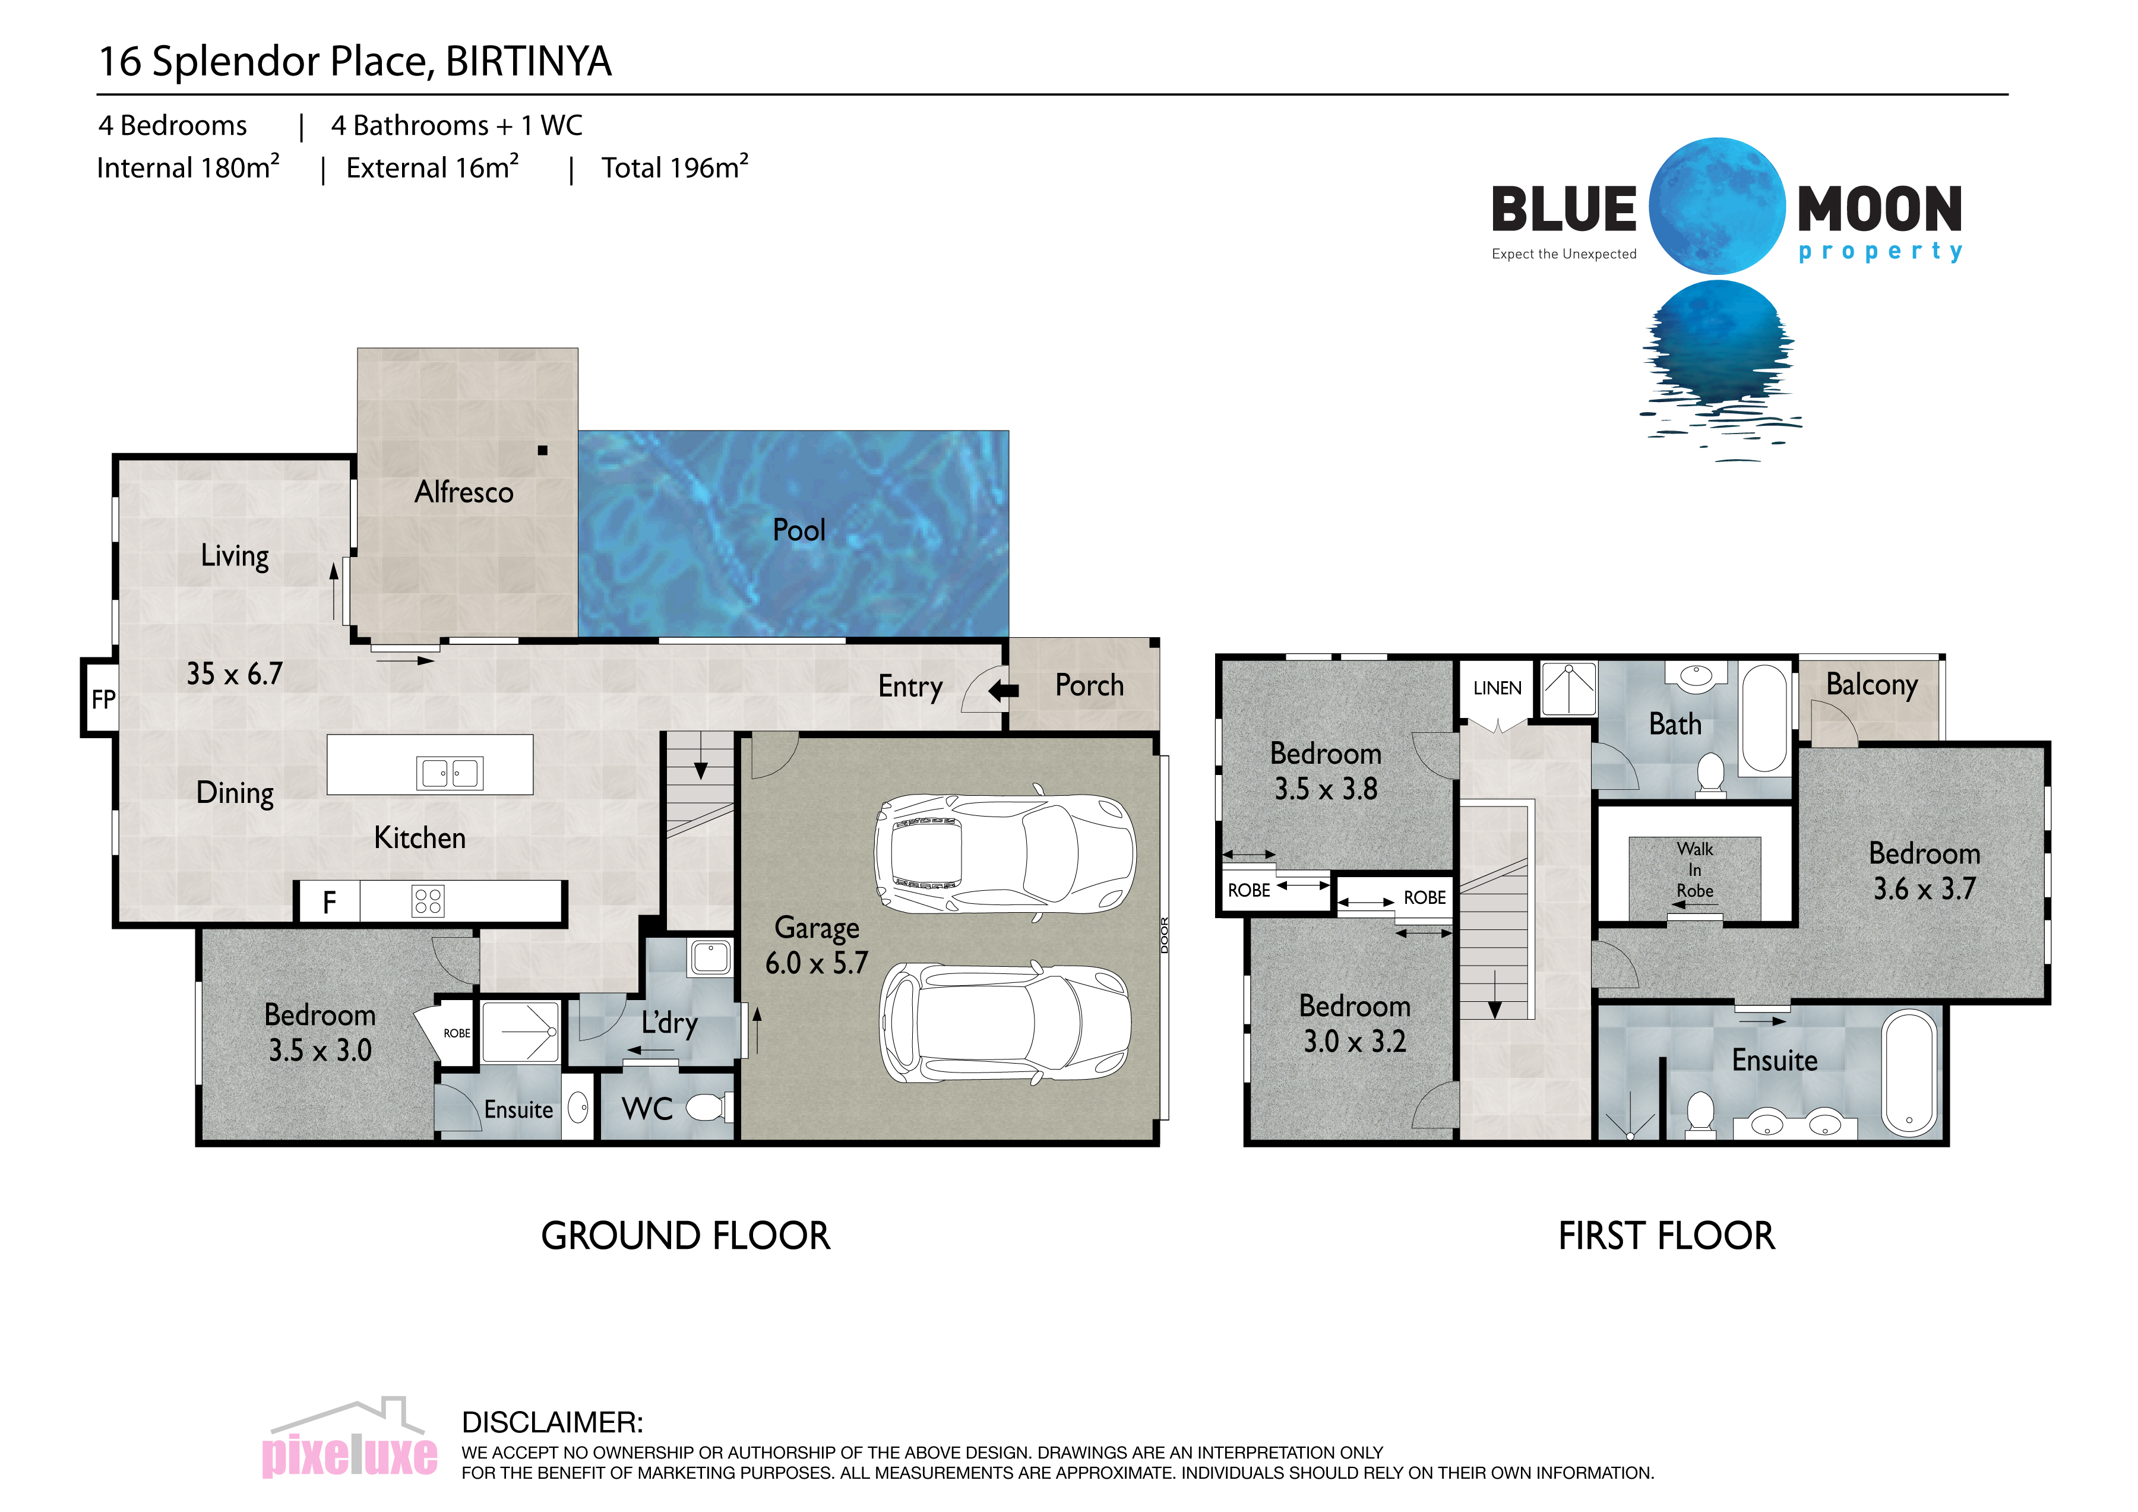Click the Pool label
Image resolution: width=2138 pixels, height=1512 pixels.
click(799, 530)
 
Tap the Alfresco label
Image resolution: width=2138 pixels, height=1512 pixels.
click(464, 492)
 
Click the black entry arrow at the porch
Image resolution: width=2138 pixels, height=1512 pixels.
click(1003, 691)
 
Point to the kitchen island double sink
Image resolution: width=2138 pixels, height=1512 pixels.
click(450, 773)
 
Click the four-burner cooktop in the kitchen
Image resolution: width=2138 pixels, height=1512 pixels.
click(428, 900)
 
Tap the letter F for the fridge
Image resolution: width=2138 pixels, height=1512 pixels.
click(328, 902)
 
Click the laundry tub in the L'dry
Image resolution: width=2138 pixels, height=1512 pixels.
click(710, 957)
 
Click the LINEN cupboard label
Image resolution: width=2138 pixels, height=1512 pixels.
click(1497, 688)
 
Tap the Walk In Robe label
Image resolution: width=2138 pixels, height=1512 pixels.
click(1695, 869)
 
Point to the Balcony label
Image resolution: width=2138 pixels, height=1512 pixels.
click(1872, 685)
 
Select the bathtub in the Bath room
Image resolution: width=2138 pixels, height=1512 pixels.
click(1764, 718)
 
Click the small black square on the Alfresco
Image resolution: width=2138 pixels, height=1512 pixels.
click(543, 451)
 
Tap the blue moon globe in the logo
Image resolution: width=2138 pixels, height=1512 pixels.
click(1717, 205)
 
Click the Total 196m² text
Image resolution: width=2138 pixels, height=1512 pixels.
click(674, 167)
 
